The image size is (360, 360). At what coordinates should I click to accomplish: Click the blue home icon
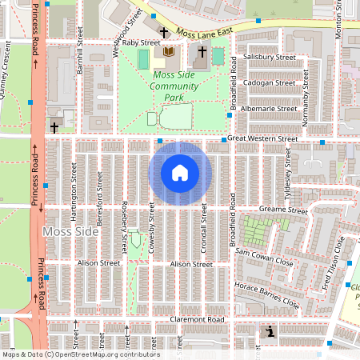pyautogui.click(x=180, y=173)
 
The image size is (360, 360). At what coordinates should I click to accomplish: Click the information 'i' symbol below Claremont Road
pyautogui.click(x=270, y=330)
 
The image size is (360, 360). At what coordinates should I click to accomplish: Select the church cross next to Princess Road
pyautogui.click(x=54, y=126)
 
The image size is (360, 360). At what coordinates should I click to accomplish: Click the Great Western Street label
pyautogui.click(x=262, y=138)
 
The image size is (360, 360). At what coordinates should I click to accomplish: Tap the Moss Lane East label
pyautogui.click(x=205, y=30)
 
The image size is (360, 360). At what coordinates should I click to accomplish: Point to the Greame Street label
pyautogui.click(x=283, y=211)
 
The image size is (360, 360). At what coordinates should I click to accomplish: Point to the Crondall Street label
pyautogui.click(x=204, y=228)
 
